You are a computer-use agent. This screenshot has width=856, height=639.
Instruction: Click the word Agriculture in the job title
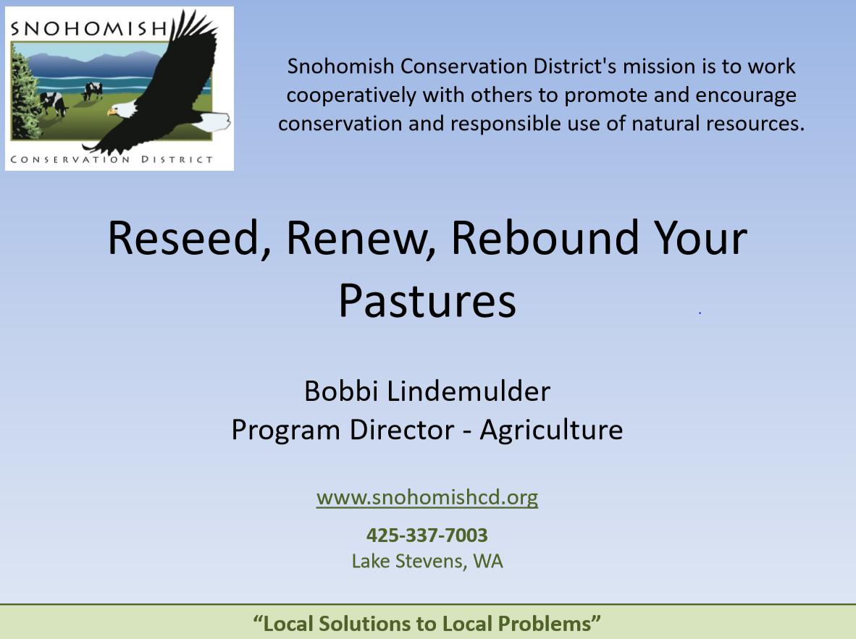click(551, 430)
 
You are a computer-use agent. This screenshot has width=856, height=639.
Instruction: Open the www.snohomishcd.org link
click(427, 498)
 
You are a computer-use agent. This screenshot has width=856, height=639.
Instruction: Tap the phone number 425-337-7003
click(427, 536)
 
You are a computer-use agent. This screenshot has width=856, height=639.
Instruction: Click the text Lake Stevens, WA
click(427, 561)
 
